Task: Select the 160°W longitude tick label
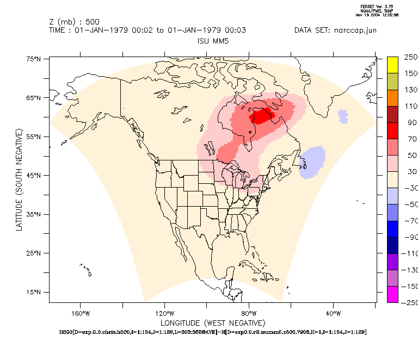click(x=80, y=313)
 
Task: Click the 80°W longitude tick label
click(x=249, y=313)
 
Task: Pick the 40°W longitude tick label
click(x=333, y=313)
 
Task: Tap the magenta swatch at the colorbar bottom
click(x=393, y=294)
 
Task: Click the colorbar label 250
click(x=411, y=57)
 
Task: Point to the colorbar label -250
click(x=409, y=303)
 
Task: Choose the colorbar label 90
click(x=411, y=122)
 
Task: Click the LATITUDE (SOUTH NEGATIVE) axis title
click(x=19, y=179)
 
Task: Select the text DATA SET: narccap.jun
click(x=335, y=30)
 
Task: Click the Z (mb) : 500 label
click(x=74, y=22)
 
